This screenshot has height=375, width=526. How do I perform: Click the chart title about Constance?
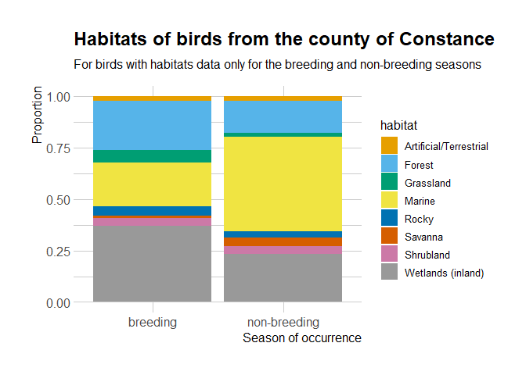(x=283, y=39)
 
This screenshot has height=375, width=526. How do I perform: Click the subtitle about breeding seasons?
(x=277, y=64)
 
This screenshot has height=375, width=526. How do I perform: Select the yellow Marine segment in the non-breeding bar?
(x=283, y=184)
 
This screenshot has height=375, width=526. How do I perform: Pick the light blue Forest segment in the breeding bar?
(x=152, y=126)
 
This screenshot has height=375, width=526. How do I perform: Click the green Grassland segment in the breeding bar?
(x=152, y=156)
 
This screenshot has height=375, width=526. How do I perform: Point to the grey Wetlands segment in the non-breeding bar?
(x=283, y=278)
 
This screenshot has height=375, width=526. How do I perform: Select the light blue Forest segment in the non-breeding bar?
(x=283, y=117)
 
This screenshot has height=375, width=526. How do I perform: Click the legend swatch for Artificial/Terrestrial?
(x=390, y=146)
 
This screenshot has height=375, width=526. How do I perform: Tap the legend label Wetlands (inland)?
(x=445, y=273)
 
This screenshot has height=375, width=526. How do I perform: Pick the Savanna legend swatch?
(x=390, y=236)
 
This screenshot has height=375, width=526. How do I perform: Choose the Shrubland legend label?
(x=427, y=255)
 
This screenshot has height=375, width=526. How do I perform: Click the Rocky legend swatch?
(x=390, y=218)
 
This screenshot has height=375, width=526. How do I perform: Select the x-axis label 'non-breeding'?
(x=283, y=323)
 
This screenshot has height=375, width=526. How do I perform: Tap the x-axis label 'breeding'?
(x=152, y=323)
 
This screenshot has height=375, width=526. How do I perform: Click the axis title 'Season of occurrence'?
(x=301, y=338)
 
